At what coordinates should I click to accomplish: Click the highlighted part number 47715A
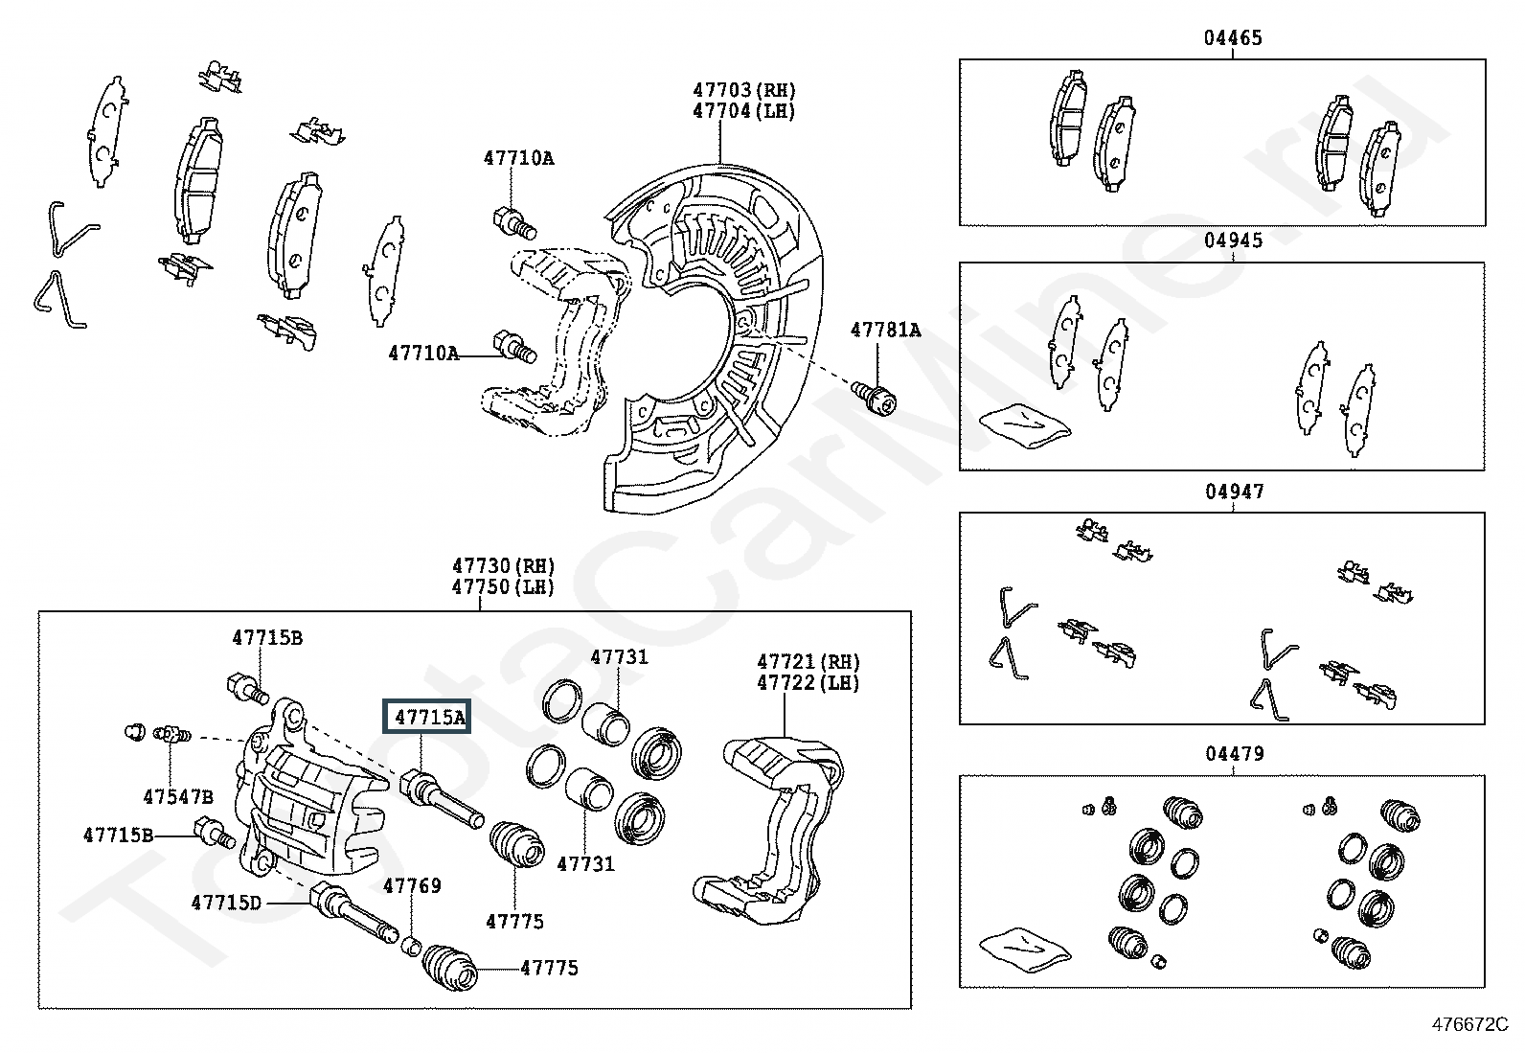pos(427,717)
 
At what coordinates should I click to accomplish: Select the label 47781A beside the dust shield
pos(885,331)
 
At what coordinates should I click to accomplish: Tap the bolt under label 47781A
pos(875,397)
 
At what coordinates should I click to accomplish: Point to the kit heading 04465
pos(1233,38)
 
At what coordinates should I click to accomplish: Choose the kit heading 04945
pos(1233,240)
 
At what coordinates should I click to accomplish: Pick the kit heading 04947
pos(1234,492)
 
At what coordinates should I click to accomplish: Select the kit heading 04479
pos(1234,754)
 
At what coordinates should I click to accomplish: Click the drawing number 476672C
pos(1469,1024)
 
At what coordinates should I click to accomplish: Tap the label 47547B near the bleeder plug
pos(178,796)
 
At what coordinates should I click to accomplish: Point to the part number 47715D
pos(226,903)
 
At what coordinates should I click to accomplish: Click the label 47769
pos(412,886)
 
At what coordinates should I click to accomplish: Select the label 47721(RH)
pos(808,662)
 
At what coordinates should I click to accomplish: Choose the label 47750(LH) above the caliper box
pos(503,587)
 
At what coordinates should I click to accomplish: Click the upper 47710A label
pos(518,158)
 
